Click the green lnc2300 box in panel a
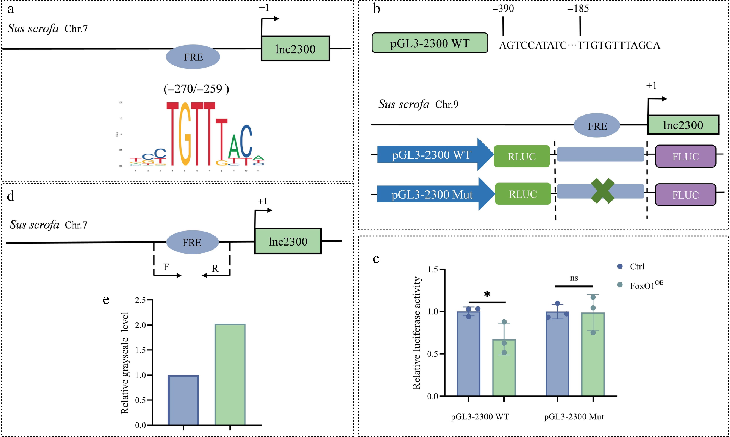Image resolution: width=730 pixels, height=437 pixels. click(295, 49)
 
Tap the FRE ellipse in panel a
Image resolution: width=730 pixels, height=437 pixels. click(193, 57)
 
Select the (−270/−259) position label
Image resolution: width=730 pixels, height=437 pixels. click(196, 89)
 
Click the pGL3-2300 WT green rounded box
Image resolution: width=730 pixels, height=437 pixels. click(430, 43)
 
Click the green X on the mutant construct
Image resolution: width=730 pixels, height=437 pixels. click(602, 191)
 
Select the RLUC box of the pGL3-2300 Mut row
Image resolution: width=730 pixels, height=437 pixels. click(523, 194)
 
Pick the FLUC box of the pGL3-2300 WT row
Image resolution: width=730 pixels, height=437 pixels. click(685, 156)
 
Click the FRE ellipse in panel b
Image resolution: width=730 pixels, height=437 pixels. click(597, 126)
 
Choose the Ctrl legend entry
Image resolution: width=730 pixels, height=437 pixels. click(637, 267)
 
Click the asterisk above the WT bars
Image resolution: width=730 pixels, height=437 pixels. click(487, 294)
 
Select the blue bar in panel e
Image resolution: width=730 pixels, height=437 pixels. click(183, 400)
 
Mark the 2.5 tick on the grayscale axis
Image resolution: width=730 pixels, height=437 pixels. click(140, 300)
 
